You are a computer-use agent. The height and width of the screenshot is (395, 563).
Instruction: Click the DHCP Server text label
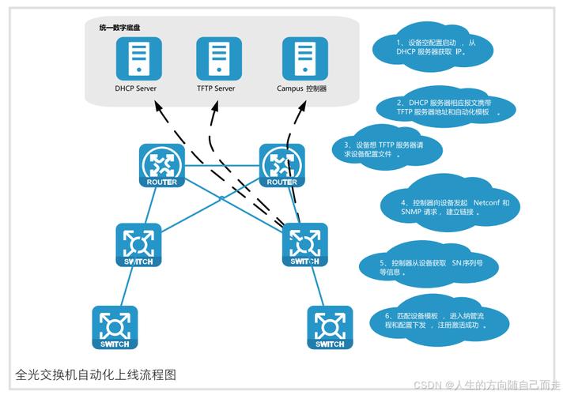(x=135, y=88)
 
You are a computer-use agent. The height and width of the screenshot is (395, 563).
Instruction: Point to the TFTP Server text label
(x=216, y=88)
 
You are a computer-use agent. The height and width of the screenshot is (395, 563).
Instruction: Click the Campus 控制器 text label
(x=302, y=88)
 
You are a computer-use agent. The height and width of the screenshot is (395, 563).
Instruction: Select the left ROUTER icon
(x=161, y=166)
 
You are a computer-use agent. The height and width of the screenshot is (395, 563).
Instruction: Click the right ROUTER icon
(x=282, y=166)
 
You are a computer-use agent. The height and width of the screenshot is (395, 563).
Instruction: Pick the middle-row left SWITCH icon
(x=138, y=246)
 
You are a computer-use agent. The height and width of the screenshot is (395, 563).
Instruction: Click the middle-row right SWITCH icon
(x=305, y=246)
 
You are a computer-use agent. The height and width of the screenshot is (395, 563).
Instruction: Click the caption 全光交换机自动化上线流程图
(x=96, y=374)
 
